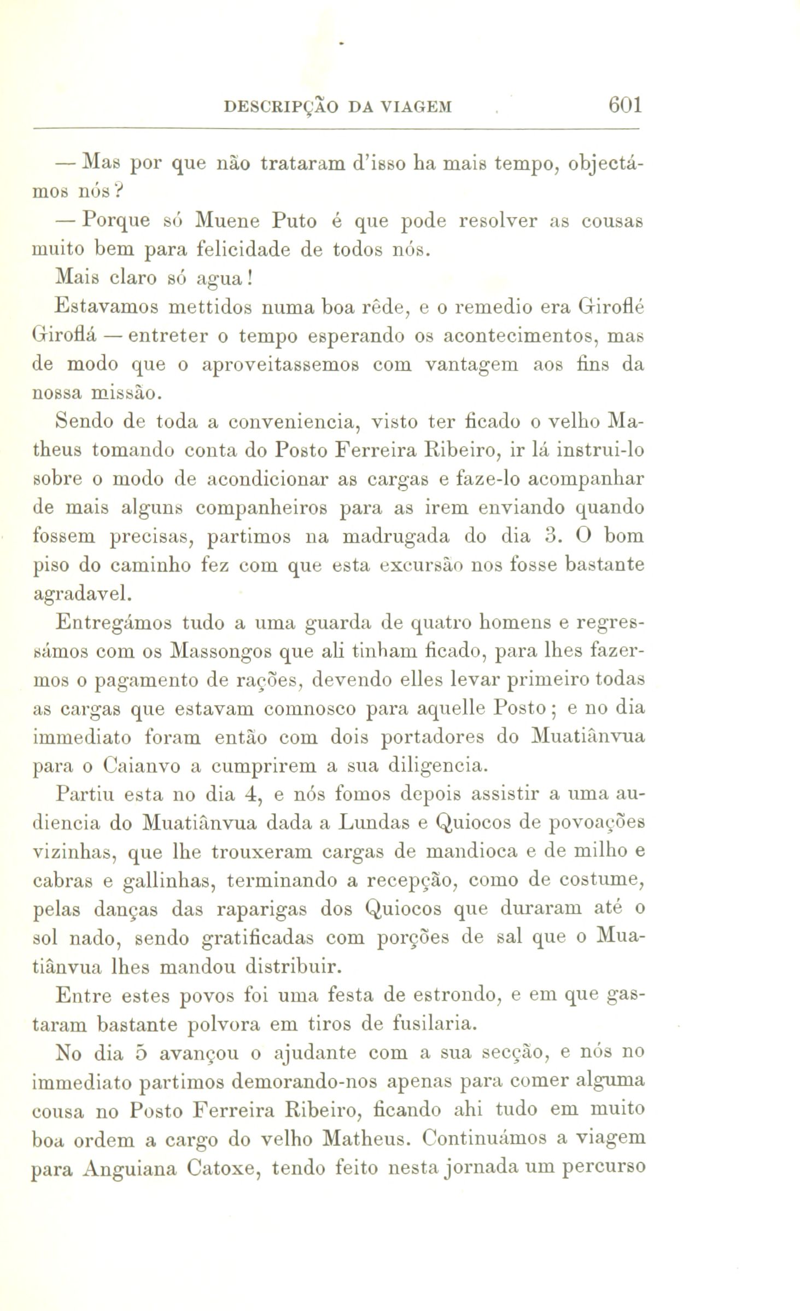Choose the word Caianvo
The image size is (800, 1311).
click(140, 765)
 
